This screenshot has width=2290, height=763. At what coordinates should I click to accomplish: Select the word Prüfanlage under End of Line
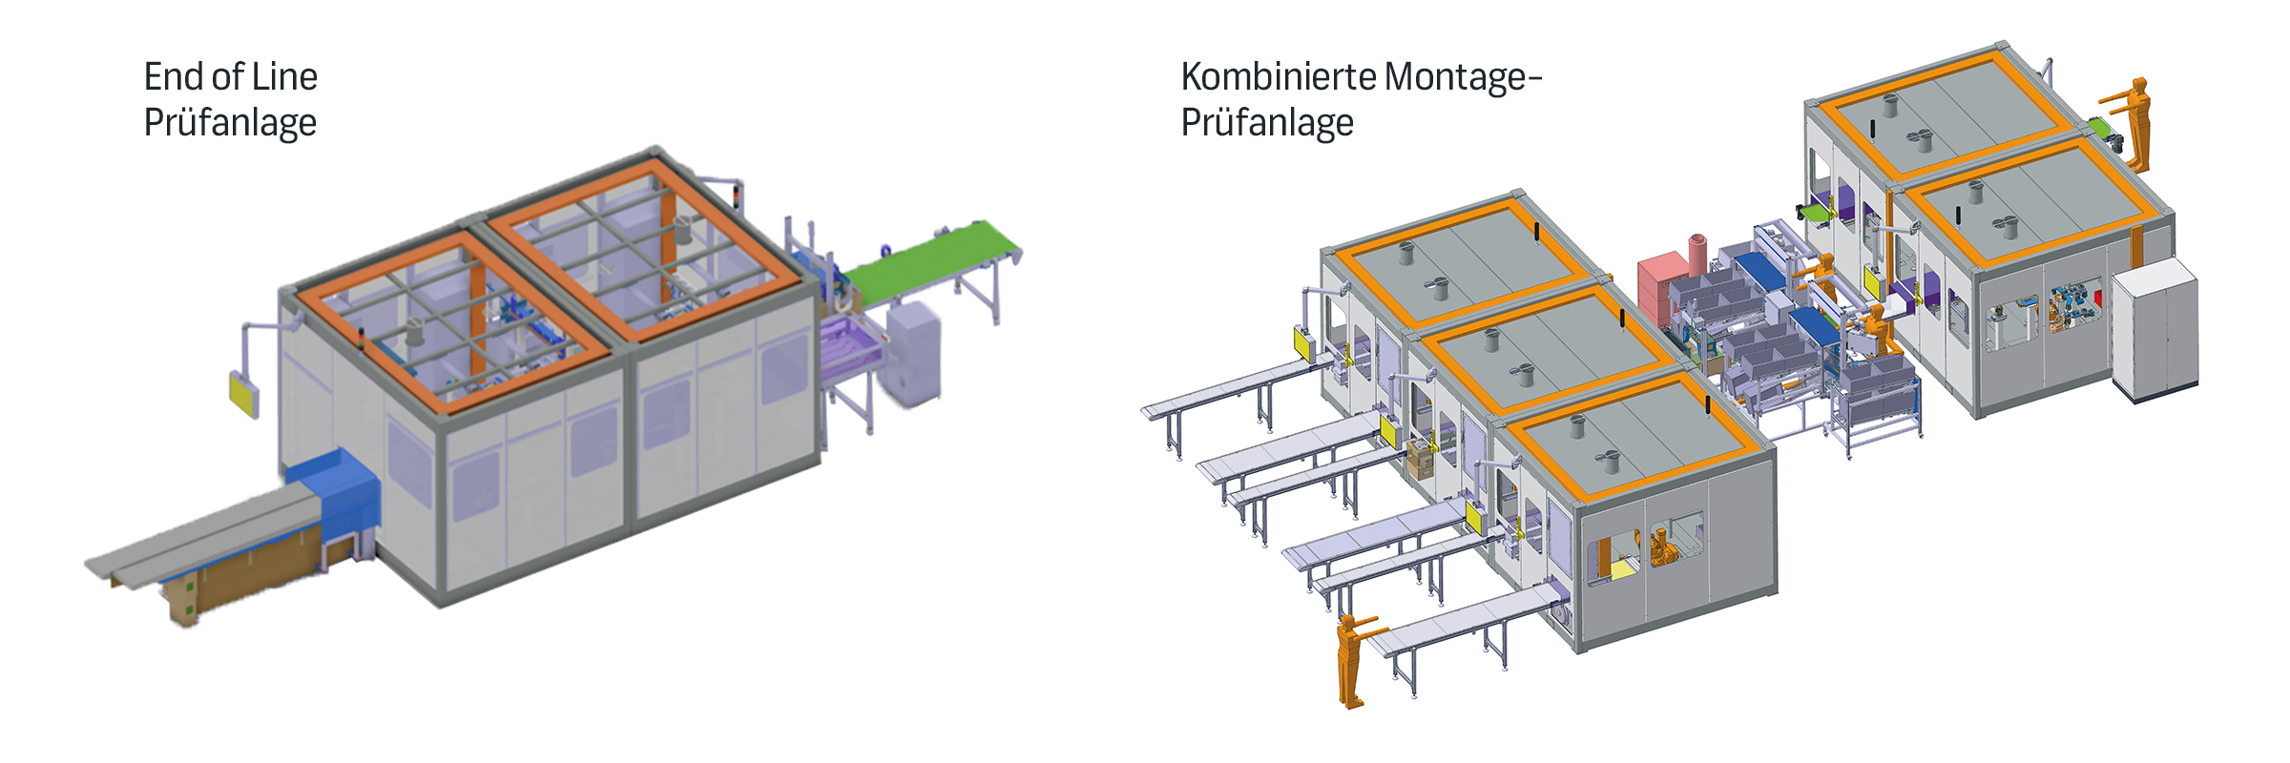click(230, 123)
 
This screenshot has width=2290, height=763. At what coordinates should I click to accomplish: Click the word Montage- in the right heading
click(1462, 76)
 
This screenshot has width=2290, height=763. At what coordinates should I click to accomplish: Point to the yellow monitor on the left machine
click(243, 392)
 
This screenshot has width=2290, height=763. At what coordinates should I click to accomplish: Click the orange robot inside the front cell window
click(1663, 547)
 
